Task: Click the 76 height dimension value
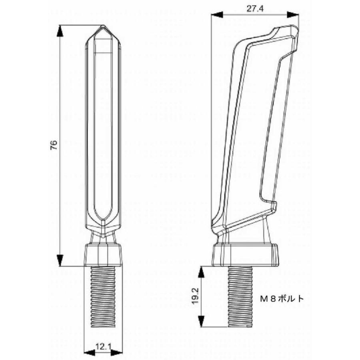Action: tap(54, 145)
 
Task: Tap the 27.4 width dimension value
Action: tap(255, 9)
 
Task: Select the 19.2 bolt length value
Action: tap(195, 296)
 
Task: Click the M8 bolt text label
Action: tap(282, 298)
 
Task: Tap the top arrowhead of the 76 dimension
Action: tap(60, 30)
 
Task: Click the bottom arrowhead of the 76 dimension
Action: tap(60, 260)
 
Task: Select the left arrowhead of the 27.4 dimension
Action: tap(217, 15)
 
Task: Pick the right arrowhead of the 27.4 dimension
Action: tap(293, 15)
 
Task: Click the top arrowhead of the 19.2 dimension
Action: tap(201, 272)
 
